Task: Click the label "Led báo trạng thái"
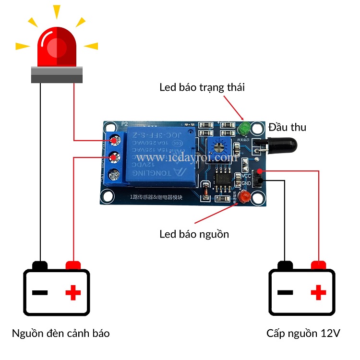click(202, 87)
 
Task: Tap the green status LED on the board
click(244, 128)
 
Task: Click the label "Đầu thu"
click(288, 127)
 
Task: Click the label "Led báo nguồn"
click(194, 234)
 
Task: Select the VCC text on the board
click(247, 176)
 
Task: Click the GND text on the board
click(247, 183)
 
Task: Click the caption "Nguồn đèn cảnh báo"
click(61, 333)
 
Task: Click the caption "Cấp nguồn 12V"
click(303, 333)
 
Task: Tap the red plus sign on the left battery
click(73, 292)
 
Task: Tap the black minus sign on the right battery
click(285, 292)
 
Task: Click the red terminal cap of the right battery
click(319, 265)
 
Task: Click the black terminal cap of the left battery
click(40, 265)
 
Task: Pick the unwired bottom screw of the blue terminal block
click(114, 174)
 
